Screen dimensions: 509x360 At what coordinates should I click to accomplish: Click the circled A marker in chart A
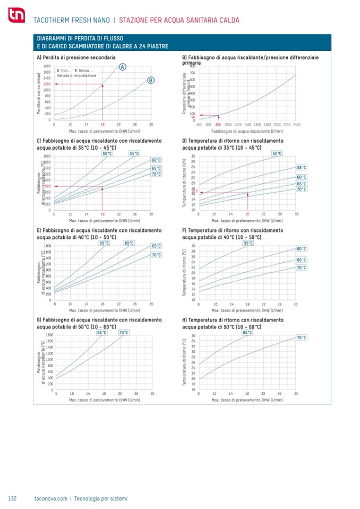(123, 67)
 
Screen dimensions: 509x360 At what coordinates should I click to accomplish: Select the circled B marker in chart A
(151, 80)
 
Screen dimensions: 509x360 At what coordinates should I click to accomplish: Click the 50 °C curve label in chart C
(107, 153)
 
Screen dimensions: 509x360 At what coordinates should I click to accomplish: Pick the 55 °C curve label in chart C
(134, 153)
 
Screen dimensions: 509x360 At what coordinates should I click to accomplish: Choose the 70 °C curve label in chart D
(301, 189)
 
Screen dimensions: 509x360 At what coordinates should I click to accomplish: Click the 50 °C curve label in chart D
(277, 153)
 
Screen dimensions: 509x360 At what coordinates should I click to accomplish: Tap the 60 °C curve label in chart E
(128, 243)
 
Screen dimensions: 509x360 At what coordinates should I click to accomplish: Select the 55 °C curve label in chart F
(248, 243)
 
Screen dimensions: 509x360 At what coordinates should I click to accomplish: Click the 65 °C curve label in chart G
(102, 332)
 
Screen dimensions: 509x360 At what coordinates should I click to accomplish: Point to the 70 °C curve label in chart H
(301, 338)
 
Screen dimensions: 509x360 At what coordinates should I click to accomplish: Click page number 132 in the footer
(13, 498)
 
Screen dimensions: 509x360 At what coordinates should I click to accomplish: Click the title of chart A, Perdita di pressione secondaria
(76, 56)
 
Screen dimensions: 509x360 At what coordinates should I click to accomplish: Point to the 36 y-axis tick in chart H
(194, 335)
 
